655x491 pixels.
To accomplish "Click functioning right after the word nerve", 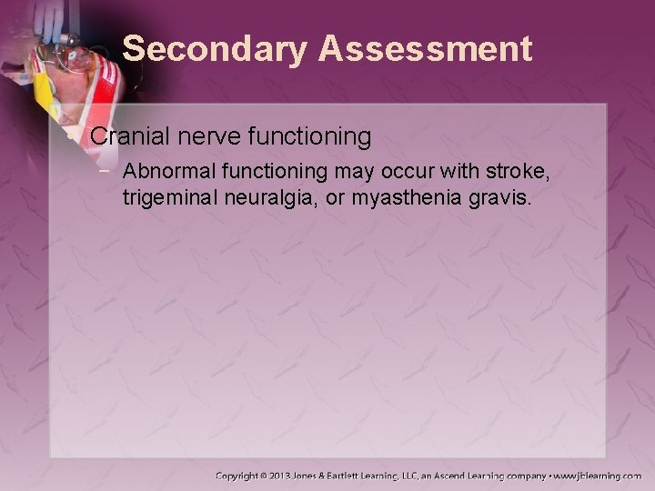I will [304, 138].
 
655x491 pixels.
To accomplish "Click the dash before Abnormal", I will [107, 172].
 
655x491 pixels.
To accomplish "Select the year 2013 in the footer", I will [300, 475].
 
